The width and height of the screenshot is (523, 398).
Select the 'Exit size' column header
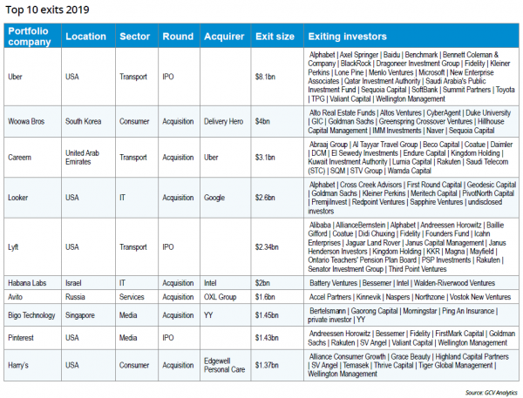click(273, 37)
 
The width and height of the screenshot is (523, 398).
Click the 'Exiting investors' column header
click(347, 37)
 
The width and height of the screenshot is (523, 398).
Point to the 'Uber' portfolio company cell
click(17, 77)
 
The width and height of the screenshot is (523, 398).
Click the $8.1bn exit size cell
click(266, 77)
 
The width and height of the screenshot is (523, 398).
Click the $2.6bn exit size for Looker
click(266, 198)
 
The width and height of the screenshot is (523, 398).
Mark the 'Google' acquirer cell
click(217, 198)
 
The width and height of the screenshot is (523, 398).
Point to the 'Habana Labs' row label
click(30, 282)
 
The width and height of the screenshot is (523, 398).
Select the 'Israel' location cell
click(76, 282)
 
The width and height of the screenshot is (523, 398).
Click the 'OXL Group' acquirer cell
click(221, 296)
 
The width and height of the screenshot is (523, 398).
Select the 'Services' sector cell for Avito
click(134, 296)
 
